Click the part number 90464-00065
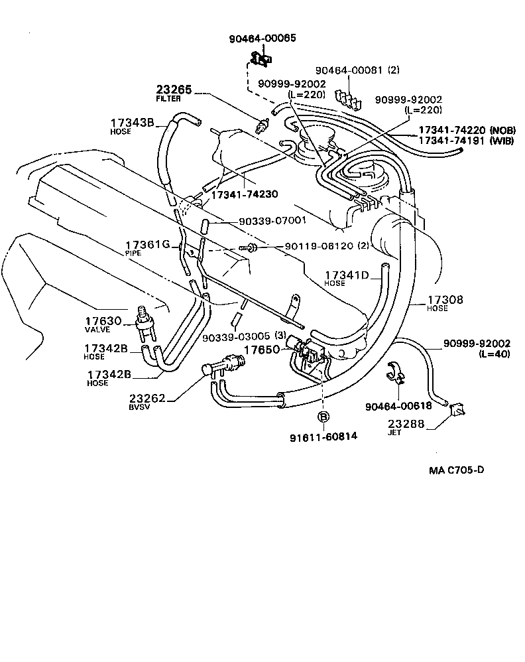(x=264, y=38)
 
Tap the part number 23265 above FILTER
(x=174, y=90)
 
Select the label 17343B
(x=132, y=123)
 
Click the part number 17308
(x=445, y=300)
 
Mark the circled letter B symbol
(x=323, y=417)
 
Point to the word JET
(x=393, y=431)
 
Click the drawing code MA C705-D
(x=457, y=470)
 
